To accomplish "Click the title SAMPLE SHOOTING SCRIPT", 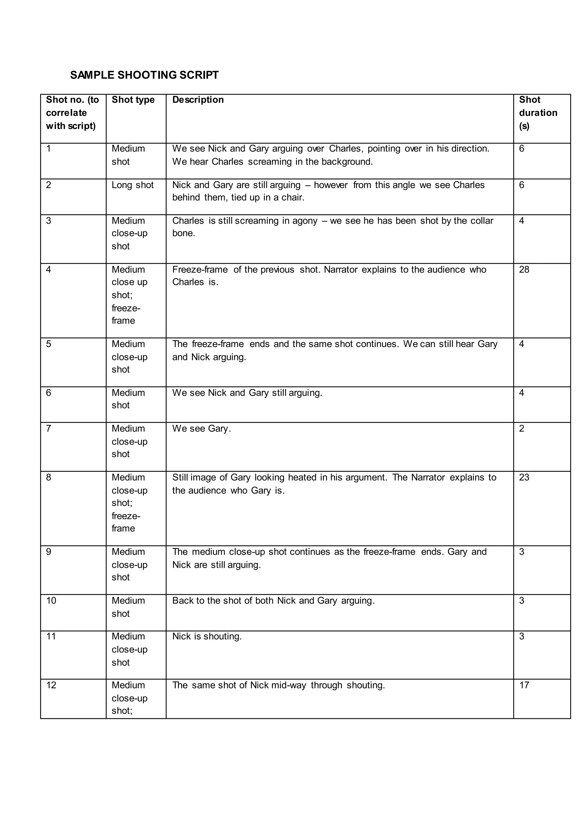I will click(144, 75).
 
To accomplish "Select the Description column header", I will click(198, 100).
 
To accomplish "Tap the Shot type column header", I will click(133, 100).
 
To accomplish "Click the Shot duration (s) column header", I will click(538, 113).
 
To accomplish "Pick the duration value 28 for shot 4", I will click(524, 270).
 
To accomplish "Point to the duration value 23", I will click(524, 477).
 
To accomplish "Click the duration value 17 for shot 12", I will click(524, 685).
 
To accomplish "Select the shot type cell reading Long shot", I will click(133, 185).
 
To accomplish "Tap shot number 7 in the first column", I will click(49, 428).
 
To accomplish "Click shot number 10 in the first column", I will click(51, 601).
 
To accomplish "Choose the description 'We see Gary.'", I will click(202, 428).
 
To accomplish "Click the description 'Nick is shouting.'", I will click(207, 637).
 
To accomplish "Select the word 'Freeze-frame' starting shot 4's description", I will click(200, 270).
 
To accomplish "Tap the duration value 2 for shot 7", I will click(522, 428).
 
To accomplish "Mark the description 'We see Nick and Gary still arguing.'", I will click(247, 393).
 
